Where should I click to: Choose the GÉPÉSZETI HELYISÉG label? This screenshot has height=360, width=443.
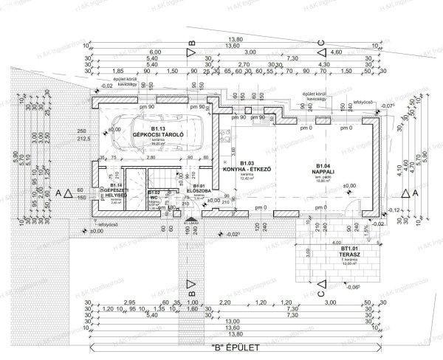[x=116, y=191]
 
